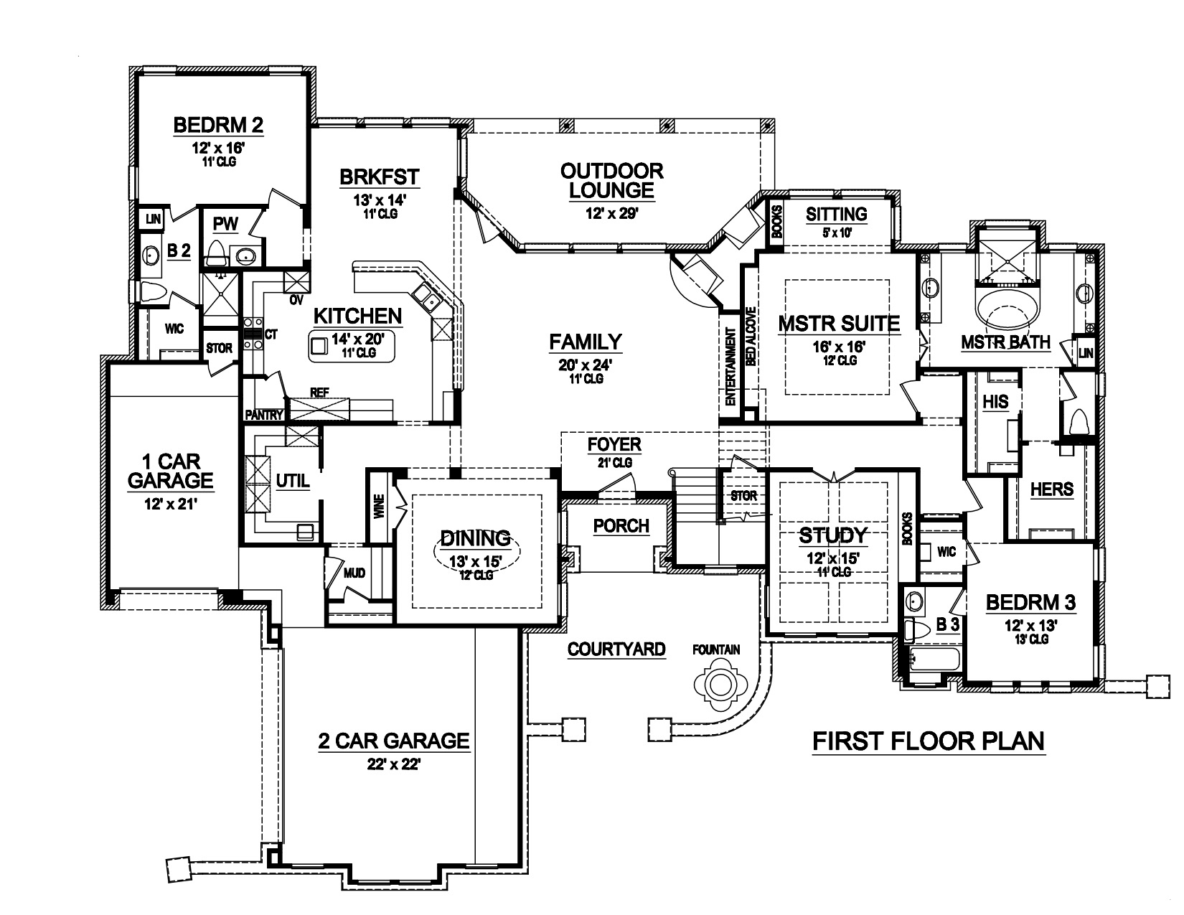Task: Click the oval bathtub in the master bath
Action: pyautogui.click(x=1007, y=309)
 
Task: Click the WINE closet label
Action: pyautogui.click(x=379, y=507)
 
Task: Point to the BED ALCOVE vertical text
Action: pyautogui.click(x=750, y=337)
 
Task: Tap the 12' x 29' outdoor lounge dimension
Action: pyautogui.click(x=611, y=212)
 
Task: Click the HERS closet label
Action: pyautogui.click(x=1051, y=489)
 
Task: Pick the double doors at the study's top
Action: pyautogui.click(x=833, y=475)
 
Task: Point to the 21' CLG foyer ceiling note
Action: pyautogui.click(x=614, y=463)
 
